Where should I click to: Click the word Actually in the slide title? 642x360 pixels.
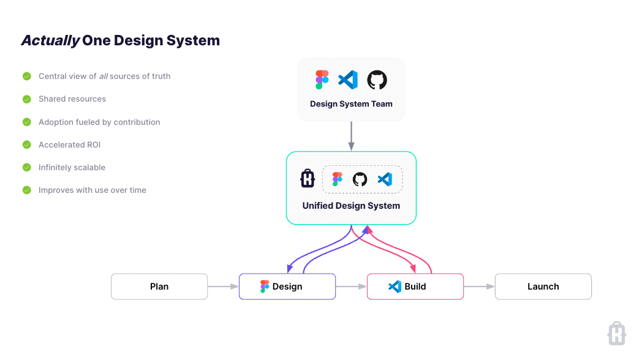pos(50,41)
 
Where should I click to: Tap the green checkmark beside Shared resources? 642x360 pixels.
pos(27,99)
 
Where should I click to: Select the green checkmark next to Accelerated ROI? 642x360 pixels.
pos(27,145)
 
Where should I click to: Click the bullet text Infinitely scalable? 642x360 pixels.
pos(72,168)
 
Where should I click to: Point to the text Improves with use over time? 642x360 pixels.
pos(92,190)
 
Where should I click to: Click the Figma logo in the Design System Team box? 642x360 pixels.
pos(322,80)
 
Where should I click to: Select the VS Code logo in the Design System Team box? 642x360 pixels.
pos(348,80)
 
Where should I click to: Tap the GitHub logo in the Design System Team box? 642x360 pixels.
pos(377,80)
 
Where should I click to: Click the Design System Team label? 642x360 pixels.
pos(351,104)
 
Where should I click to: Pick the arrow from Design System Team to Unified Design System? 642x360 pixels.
pos(351,135)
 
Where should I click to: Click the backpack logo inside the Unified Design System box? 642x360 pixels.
pos(307,179)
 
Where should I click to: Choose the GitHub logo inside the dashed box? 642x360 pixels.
pos(360,179)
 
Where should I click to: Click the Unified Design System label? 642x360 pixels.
pos(351,206)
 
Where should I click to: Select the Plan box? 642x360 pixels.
pos(159,287)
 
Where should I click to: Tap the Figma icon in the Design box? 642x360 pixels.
pos(265,287)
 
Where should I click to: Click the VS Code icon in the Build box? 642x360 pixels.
pos(395,287)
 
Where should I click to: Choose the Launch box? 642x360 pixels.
pos(543,287)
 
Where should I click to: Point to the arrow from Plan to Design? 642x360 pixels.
pos(223,287)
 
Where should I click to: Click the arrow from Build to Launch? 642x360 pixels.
pos(479,287)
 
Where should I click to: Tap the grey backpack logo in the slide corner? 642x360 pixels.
pos(616,334)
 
